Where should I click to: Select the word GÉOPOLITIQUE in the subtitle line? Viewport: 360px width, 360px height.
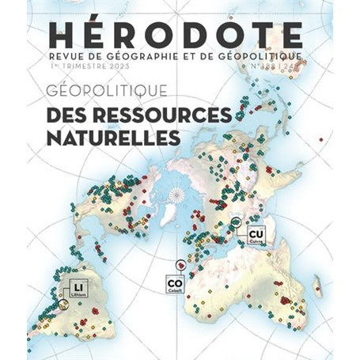pyautogui.click(x=261, y=57)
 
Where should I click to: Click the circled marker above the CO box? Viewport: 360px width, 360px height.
pyautogui.click(x=180, y=264)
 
